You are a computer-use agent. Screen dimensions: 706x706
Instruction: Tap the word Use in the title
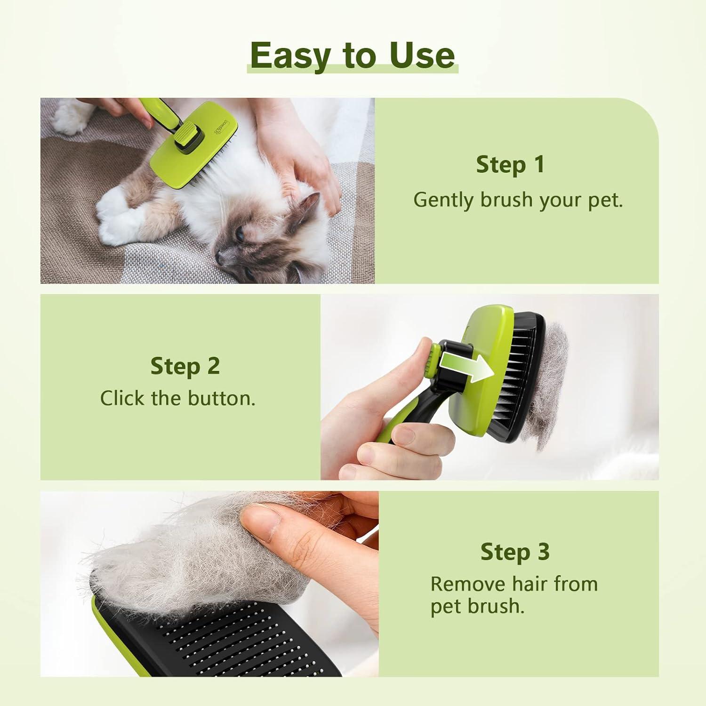point(422,55)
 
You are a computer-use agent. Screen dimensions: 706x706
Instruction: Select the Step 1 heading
point(510,165)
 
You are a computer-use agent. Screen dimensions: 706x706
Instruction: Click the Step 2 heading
point(185,366)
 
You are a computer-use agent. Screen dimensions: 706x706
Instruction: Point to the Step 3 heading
point(515,552)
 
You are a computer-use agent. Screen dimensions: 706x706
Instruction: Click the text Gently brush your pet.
point(518,200)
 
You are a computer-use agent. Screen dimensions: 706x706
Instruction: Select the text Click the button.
point(178,399)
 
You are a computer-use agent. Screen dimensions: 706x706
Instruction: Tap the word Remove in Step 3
point(467,584)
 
